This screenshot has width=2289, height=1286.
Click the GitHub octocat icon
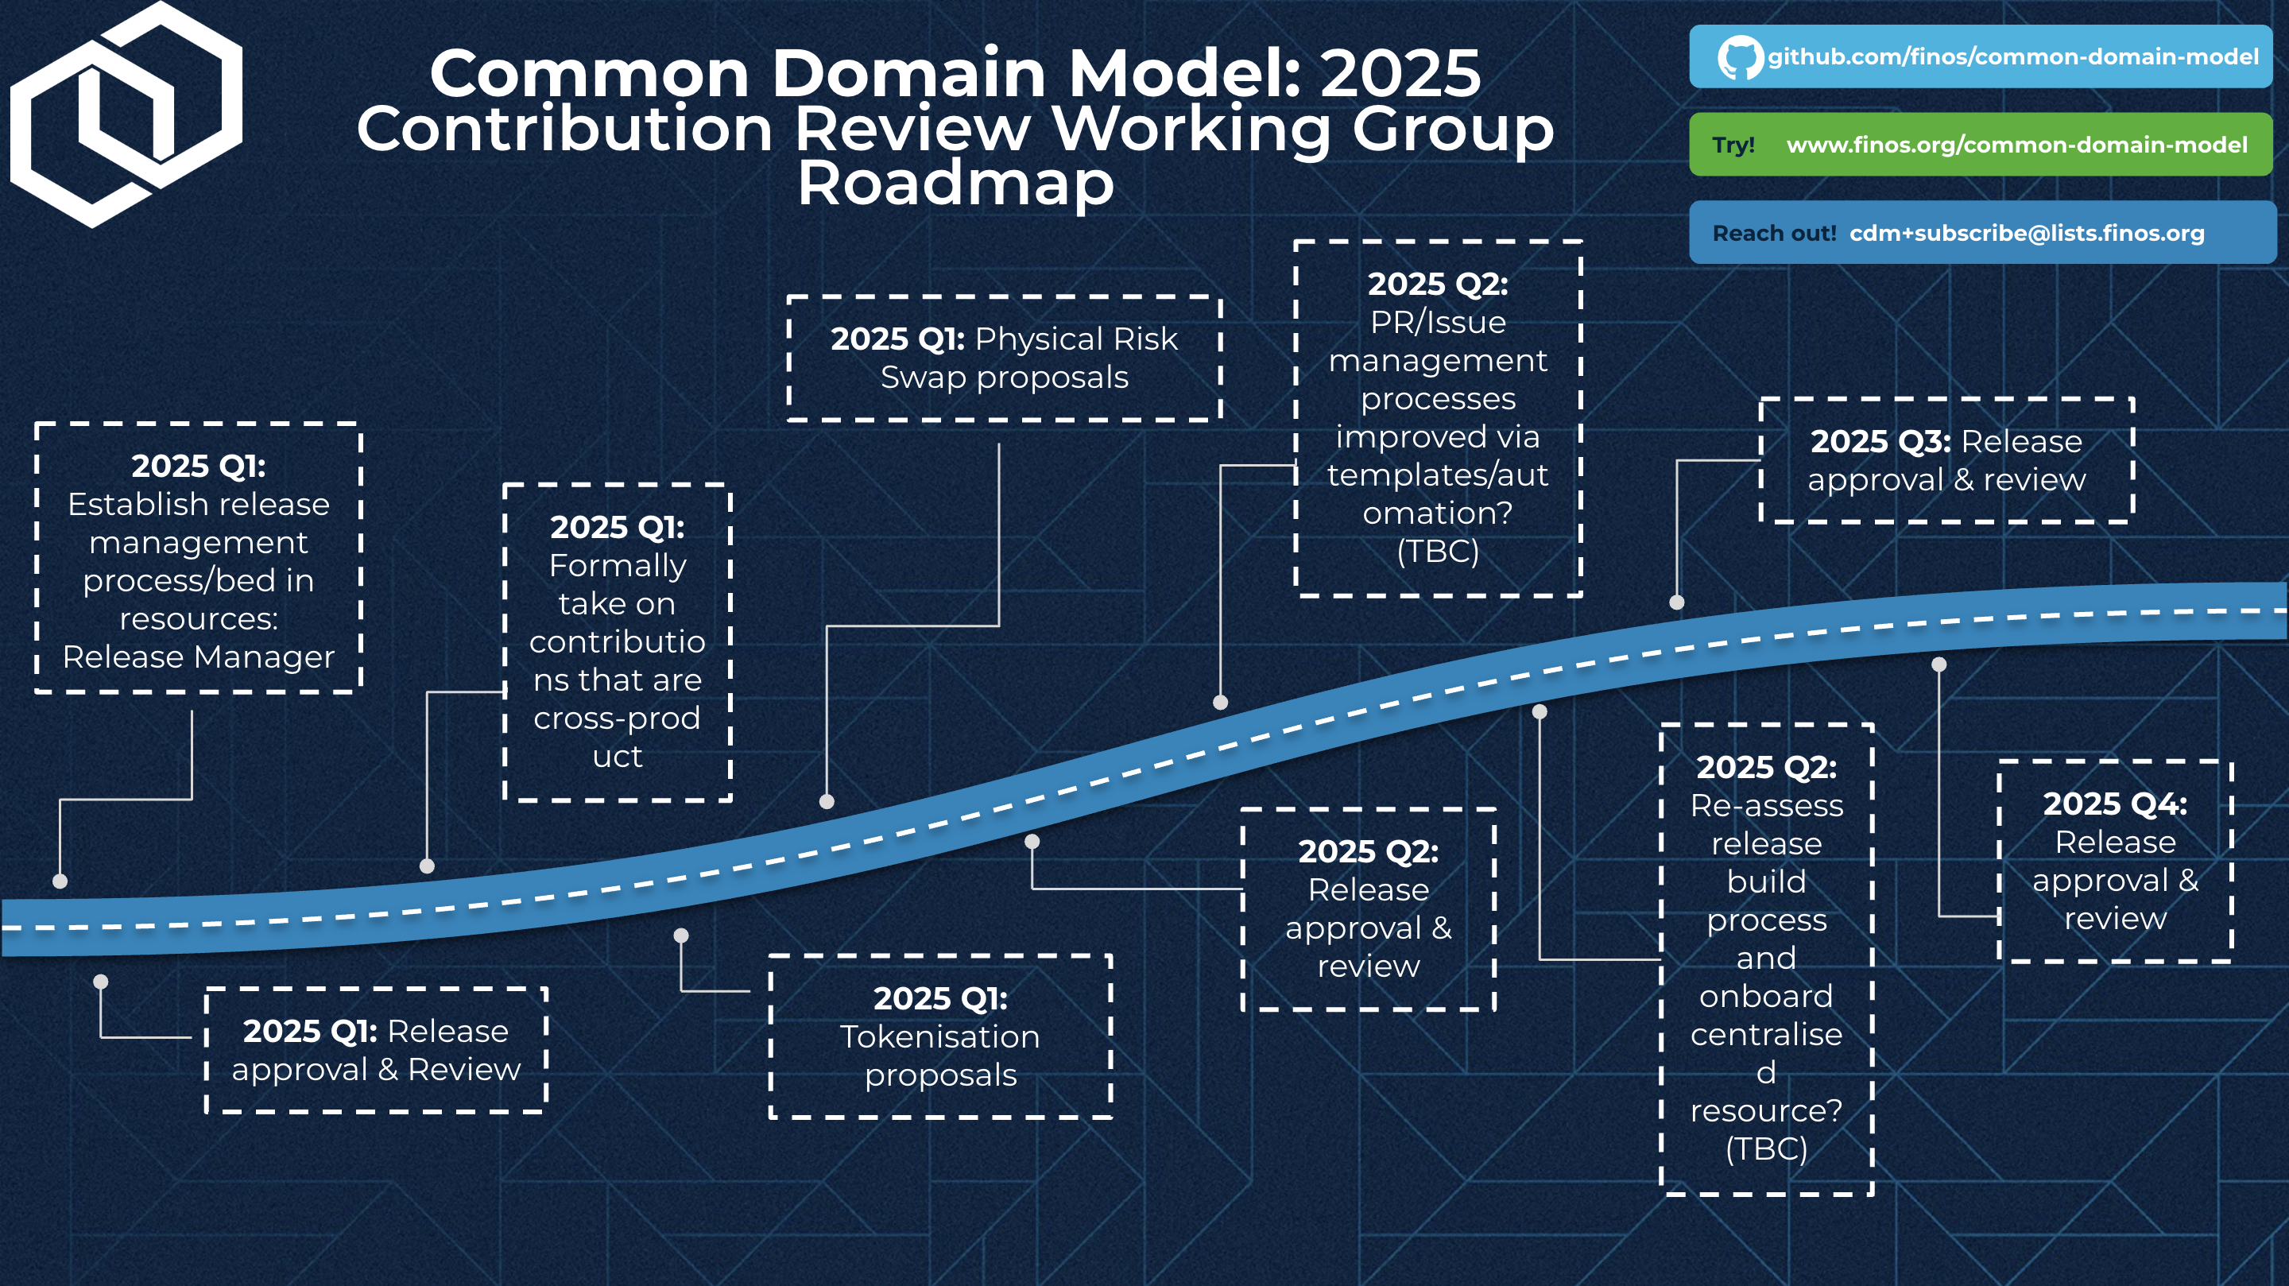pyautogui.click(x=1739, y=58)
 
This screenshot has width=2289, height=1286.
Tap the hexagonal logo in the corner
pyautogui.click(x=126, y=114)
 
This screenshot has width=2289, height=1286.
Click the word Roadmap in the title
pyautogui.click(x=955, y=183)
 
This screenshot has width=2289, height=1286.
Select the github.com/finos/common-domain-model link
pyautogui.click(x=2012, y=58)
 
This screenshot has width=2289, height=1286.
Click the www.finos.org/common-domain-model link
pyautogui.click(x=2016, y=145)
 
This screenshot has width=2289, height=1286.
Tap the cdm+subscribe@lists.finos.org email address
pyautogui.click(x=2027, y=233)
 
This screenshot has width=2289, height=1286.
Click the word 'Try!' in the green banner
pyautogui.click(x=1733, y=145)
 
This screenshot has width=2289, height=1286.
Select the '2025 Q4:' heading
pyautogui.click(x=2115, y=804)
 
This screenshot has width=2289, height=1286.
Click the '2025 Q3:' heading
pyautogui.click(x=1880, y=442)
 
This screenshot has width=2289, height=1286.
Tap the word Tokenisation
pyautogui.click(x=940, y=1036)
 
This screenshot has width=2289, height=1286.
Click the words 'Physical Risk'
pyautogui.click(x=1076, y=339)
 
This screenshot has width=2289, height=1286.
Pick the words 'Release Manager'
pyautogui.click(x=198, y=657)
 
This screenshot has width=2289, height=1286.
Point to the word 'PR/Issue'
pyautogui.click(x=1438, y=322)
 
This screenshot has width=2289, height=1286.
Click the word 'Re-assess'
pyautogui.click(x=1767, y=805)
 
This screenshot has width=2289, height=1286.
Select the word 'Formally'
pyautogui.click(x=618, y=565)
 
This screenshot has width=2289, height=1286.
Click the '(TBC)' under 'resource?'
pyautogui.click(x=1767, y=1148)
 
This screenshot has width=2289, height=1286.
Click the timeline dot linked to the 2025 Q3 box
pyautogui.click(x=1677, y=602)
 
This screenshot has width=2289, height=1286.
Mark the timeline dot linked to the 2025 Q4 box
pyautogui.click(x=1939, y=664)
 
